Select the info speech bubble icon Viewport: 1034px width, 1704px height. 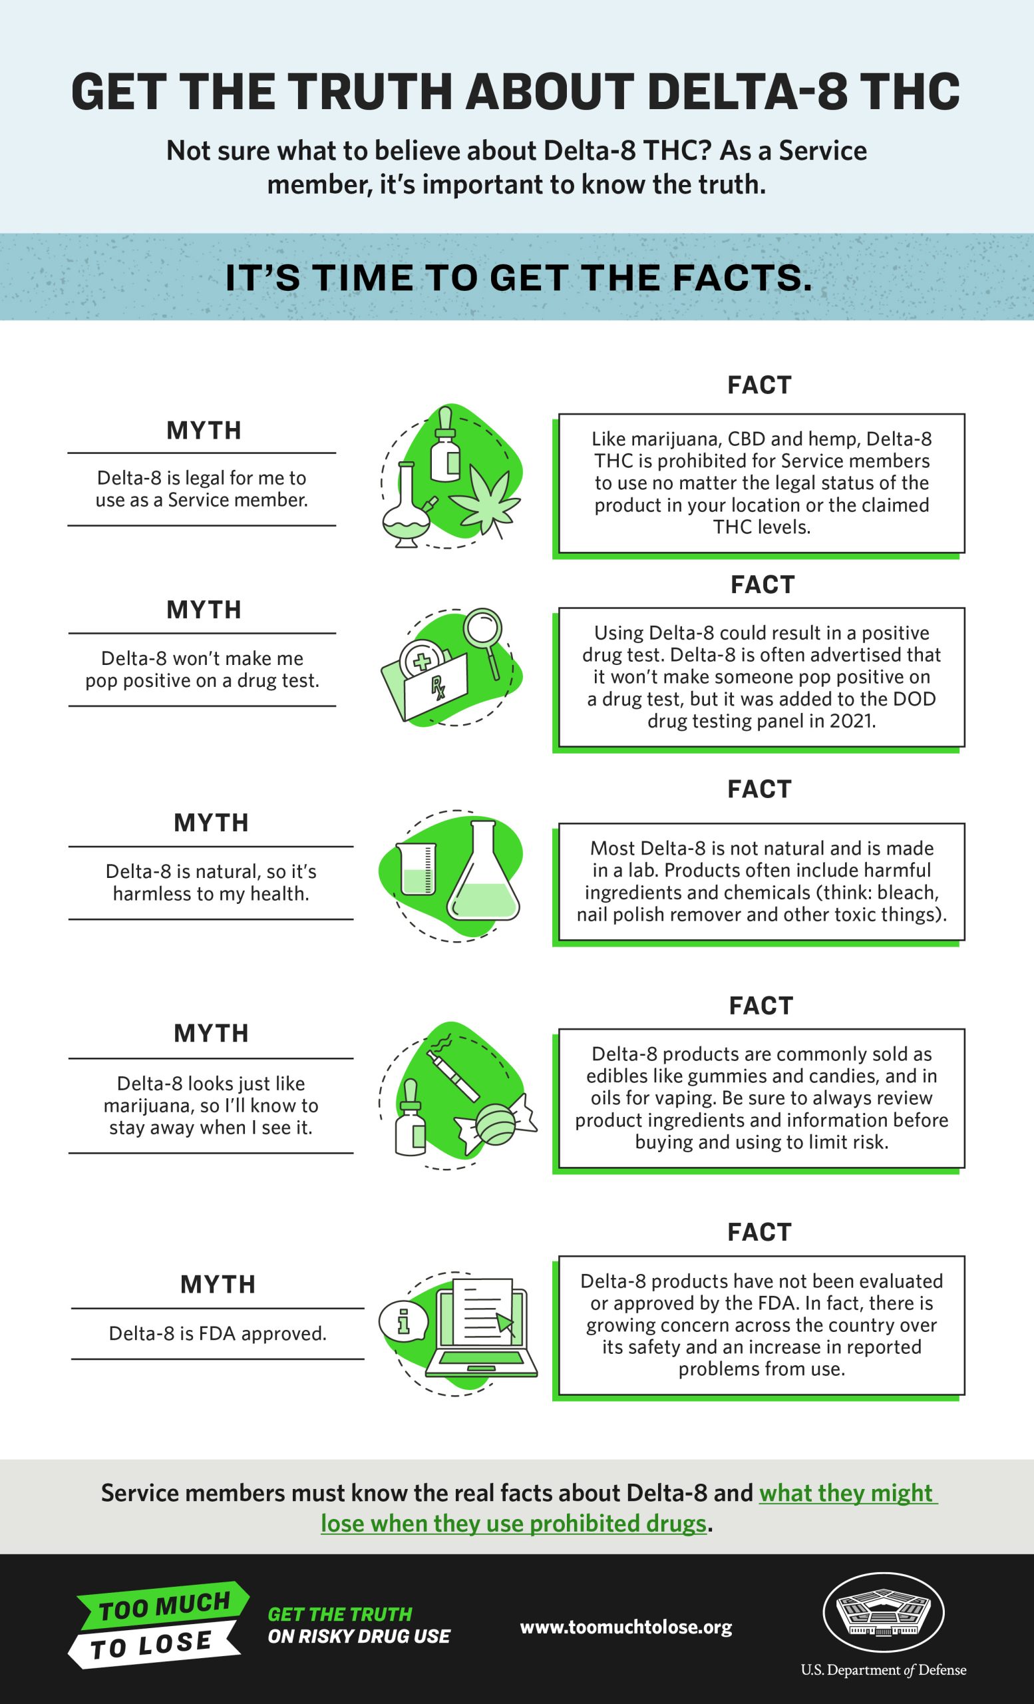[404, 1321]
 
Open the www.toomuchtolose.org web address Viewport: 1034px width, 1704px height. [625, 1627]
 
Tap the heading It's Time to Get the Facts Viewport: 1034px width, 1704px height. [518, 278]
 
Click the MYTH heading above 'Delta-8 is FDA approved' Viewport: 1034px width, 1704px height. [218, 1284]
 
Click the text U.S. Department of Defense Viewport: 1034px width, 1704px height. [884, 1669]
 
